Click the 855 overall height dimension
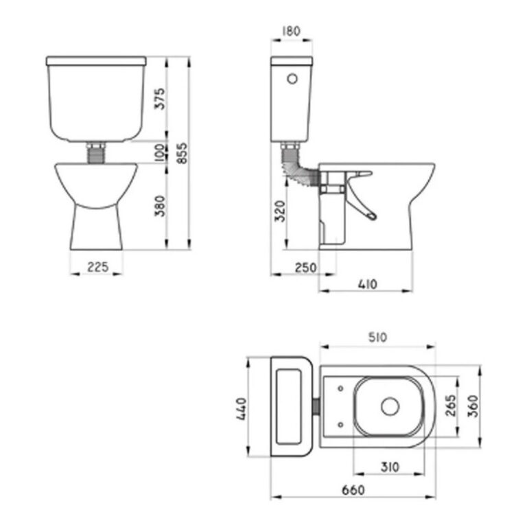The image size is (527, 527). (x=183, y=153)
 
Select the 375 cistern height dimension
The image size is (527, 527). (x=161, y=99)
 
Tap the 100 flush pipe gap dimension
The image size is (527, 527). (x=161, y=152)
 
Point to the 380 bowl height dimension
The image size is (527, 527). (x=161, y=206)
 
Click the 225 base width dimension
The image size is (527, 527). (x=98, y=267)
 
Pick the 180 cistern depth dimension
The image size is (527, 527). (x=291, y=32)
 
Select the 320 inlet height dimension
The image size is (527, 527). (x=280, y=211)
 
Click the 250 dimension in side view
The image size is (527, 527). (x=306, y=268)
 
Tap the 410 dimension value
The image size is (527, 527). (x=368, y=284)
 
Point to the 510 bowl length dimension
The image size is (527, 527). (x=378, y=337)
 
